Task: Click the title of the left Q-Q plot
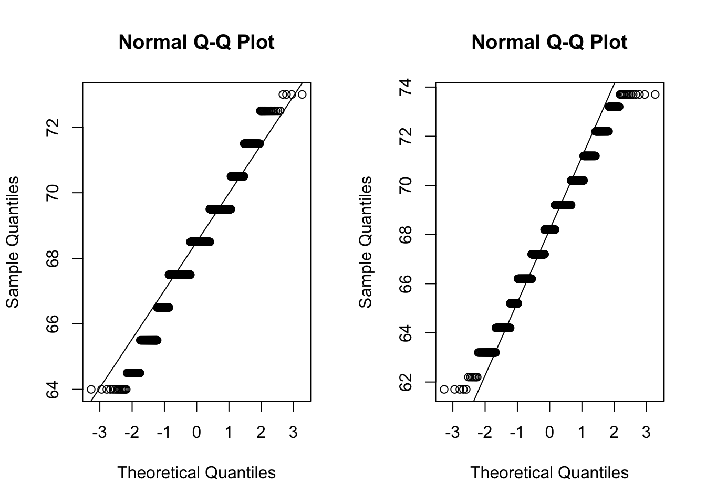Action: (196, 42)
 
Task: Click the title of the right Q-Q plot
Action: (549, 42)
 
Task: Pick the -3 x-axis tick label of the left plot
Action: (99, 433)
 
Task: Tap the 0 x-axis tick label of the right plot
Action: (549, 433)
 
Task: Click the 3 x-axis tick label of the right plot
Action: (646, 433)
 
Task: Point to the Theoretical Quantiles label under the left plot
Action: (196, 472)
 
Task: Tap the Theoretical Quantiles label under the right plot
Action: (549, 472)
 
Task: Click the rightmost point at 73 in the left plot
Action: (302, 94)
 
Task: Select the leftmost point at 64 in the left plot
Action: (91, 389)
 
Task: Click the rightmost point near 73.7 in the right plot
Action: (655, 94)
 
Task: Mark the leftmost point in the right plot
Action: (444, 389)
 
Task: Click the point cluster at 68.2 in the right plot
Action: (549, 229)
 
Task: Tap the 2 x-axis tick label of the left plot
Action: (261, 433)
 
